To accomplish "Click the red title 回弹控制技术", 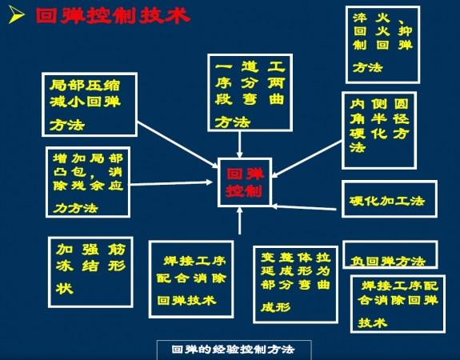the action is tap(113, 16).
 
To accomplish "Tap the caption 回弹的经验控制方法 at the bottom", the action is tap(234, 350).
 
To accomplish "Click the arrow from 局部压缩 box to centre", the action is tap(178, 145).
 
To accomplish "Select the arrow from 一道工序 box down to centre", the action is tap(240, 145).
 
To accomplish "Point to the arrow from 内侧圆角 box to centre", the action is tap(307, 159).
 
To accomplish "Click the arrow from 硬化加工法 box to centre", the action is tap(304, 208).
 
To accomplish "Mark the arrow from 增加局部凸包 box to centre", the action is tap(171, 183).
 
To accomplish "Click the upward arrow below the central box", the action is tap(240, 221).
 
